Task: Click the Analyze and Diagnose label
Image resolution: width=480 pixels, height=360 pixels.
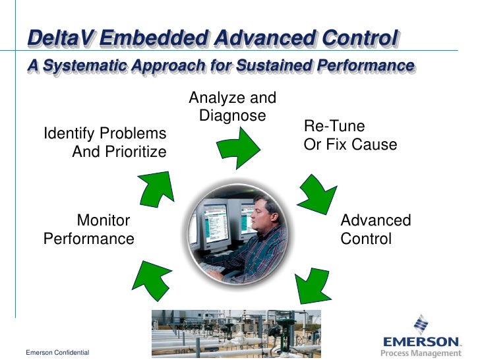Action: (x=232, y=107)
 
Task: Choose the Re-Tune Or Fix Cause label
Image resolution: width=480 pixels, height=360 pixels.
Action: (x=349, y=135)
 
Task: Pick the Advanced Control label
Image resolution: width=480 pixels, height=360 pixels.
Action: (x=375, y=229)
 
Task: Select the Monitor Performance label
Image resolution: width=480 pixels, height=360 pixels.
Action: (x=89, y=229)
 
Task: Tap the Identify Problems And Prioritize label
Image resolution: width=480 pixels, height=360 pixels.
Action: (x=105, y=143)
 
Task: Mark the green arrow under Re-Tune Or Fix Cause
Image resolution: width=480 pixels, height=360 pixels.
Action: (x=316, y=193)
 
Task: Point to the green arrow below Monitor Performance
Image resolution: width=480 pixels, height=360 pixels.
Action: (x=153, y=275)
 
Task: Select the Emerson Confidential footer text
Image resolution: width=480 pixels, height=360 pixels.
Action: (x=57, y=353)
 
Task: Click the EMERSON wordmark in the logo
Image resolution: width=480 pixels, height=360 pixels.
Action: (x=422, y=342)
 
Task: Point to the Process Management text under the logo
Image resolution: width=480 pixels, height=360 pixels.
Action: (x=422, y=353)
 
